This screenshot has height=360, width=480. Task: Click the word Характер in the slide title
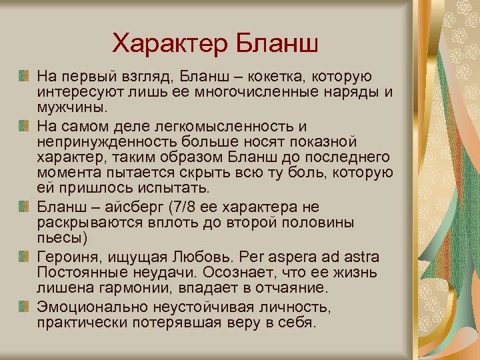pyautogui.click(x=169, y=44)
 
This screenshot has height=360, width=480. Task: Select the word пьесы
pyautogui.click(x=59, y=237)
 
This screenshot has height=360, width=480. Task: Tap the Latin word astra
pyautogui.click(x=359, y=257)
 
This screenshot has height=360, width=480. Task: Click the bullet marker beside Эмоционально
pyautogui.click(x=23, y=306)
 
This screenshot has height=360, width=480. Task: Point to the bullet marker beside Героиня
pyautogui.click(x=23, y=256)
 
